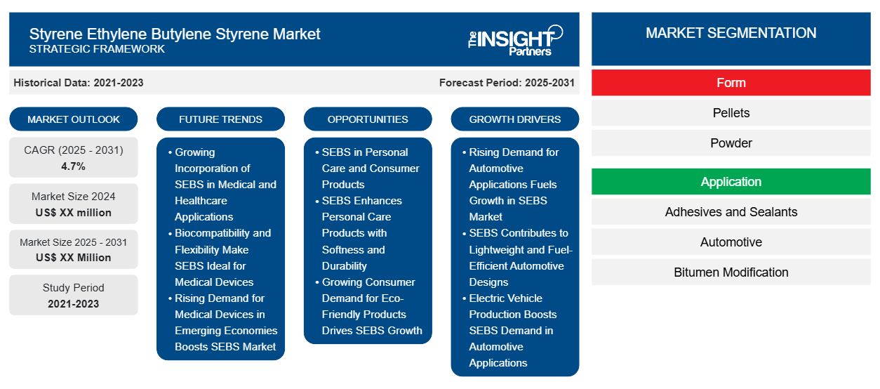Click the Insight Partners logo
pos(515,41)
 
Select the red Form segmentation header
pos(731,83)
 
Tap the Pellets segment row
pos(731,113)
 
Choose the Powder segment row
pos(731,143)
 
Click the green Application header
pos(731,182)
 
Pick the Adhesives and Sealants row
pos(731,212)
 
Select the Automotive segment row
pos(731,242)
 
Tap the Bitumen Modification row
pos(731,272)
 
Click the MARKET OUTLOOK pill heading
pos(74,119)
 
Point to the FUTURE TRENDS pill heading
pos(220,119)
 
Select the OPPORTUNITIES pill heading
pos(368,119)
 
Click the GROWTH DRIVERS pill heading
pos(514,119)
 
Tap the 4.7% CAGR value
pos(73,166)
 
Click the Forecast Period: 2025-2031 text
pos(507,83)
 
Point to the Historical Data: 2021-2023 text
pos(78,83)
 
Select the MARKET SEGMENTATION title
pos(731,33)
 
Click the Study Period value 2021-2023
pos(74,304)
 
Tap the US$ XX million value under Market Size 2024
pos(74,213)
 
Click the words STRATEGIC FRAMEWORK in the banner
pos(97,49)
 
